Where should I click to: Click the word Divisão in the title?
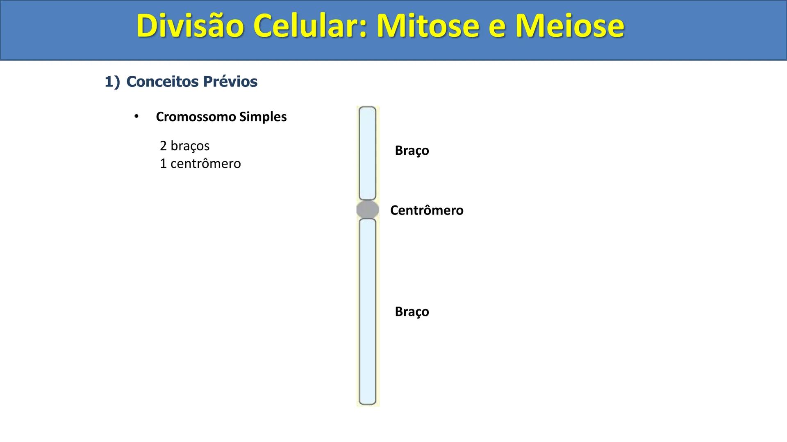[x=190, y=26]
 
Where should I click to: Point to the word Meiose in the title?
[x=570, y=26]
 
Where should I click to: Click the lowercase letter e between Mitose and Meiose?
[x=497, y=28]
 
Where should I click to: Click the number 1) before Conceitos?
[x=112, y=82]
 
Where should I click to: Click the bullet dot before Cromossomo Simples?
[x=136, y=117]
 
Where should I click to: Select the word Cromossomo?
[x=196, y=117]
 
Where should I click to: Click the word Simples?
[x=263, y=117]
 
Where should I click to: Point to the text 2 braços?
[x=184, y=146]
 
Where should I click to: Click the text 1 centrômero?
[x=200, y=164]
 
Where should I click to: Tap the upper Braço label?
[x=412, y=151]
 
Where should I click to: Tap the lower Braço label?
[x=412, y=312]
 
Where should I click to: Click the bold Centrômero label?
[x=426, y=210]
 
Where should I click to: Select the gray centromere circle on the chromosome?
[x=368, y=210]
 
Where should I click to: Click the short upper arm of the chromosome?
[x=367, y=153]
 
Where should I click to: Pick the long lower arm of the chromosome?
[x=367, y=311]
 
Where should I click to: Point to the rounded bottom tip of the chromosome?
[x=367, y=401]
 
